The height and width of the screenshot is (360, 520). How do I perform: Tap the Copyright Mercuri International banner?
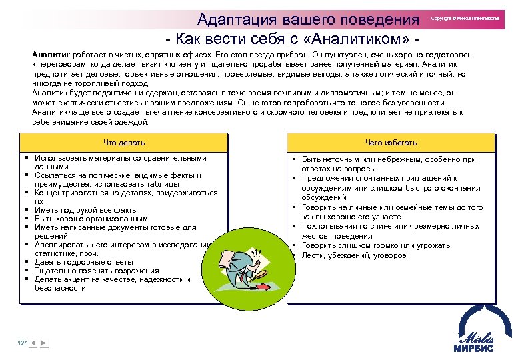tap(465, 19)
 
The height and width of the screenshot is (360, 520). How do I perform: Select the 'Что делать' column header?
tap(124, 143)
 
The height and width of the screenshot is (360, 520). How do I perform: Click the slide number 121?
tap(22, 343)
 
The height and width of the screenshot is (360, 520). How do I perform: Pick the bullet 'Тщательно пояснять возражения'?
tap(97, 271)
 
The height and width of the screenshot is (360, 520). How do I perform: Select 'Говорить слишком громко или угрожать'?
tap(375, 245)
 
